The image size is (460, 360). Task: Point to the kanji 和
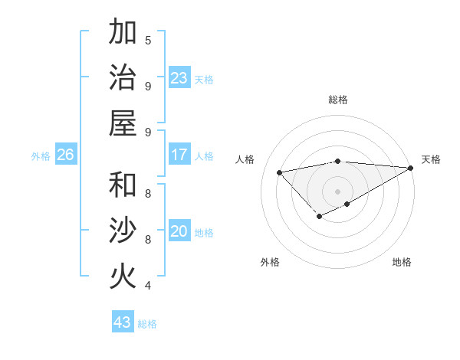coord(122,185)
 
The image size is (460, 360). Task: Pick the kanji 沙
coord(122,231)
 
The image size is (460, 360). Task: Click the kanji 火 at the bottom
coord(122,277)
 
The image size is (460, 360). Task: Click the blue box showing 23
coord(179,78)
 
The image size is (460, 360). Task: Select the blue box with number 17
coord(179,155)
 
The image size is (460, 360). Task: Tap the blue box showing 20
coord(179,231)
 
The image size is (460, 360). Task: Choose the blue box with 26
coord(65,155)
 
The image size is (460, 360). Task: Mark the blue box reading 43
coord(122,322)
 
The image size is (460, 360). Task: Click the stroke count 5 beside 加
coord(148,40)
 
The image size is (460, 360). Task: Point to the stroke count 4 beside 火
coord(148,286)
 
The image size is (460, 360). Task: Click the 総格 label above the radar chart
coord(338,100)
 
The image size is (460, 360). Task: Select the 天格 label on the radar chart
coord(431,159)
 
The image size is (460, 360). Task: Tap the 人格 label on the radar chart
coord(245,159)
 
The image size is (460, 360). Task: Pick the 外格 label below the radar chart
coord(270,262)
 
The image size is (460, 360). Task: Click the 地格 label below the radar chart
coord(402,262)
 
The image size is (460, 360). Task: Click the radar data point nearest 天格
coord(411,168)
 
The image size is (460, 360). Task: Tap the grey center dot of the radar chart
coord(338,191)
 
